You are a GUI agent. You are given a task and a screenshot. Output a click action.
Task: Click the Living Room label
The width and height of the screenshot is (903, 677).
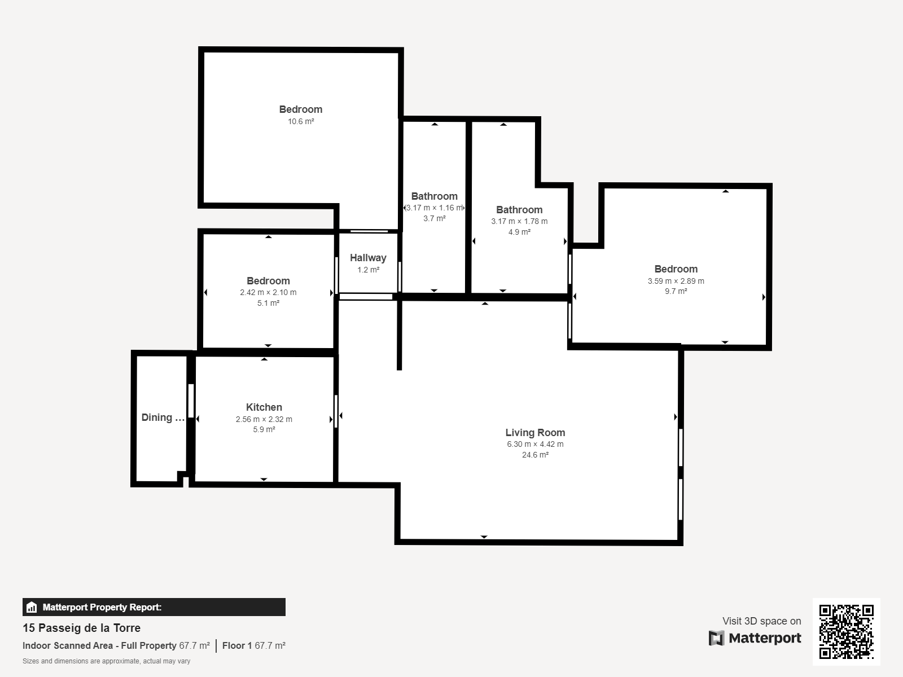coord(535,432)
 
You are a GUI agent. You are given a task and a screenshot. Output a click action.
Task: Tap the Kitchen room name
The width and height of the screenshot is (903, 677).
coord(264,407)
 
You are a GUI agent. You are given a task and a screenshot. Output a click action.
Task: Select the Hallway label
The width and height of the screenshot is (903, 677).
coord(368,258)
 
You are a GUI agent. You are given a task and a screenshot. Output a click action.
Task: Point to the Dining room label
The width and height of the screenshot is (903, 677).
coord(163,417)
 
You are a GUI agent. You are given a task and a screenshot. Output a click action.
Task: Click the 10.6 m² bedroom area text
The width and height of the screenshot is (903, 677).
coord(301,121)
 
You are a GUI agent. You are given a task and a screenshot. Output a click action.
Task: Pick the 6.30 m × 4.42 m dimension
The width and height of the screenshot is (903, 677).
coord(535,444)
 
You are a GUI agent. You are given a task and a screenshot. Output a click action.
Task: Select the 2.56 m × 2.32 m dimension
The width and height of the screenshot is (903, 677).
coord(264,419)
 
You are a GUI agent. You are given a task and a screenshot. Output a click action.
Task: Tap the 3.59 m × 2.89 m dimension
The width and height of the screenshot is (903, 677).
coord(676,281)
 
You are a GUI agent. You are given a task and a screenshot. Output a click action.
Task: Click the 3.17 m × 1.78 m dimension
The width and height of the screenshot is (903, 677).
coord(519,221)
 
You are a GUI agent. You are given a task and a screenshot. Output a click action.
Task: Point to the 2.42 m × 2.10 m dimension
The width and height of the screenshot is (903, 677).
coord(268,292)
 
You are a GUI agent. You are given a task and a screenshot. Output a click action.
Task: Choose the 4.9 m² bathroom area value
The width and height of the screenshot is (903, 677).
coord(519,232)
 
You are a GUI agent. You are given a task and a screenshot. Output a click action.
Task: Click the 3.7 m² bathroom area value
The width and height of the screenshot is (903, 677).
coord(435,218)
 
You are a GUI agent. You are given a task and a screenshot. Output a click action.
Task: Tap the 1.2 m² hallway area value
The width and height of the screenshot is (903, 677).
coord(368,270)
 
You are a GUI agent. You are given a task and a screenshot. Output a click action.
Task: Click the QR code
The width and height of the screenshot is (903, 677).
coord(846,632)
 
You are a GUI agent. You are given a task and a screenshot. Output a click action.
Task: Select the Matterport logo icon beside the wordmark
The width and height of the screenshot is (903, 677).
coord(716,638)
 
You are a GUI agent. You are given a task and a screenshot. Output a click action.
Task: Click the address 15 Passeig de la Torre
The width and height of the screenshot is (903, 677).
coord(81,628)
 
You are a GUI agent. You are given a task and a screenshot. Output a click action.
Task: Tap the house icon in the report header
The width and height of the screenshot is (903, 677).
coord(32,607)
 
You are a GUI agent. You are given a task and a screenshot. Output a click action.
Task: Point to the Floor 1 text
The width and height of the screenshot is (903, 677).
coord(237,645)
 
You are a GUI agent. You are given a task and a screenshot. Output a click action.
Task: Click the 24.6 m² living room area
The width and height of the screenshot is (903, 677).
coord(535,455)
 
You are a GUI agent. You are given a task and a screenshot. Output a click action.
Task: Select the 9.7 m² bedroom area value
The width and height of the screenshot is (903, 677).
coord(676,291)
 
